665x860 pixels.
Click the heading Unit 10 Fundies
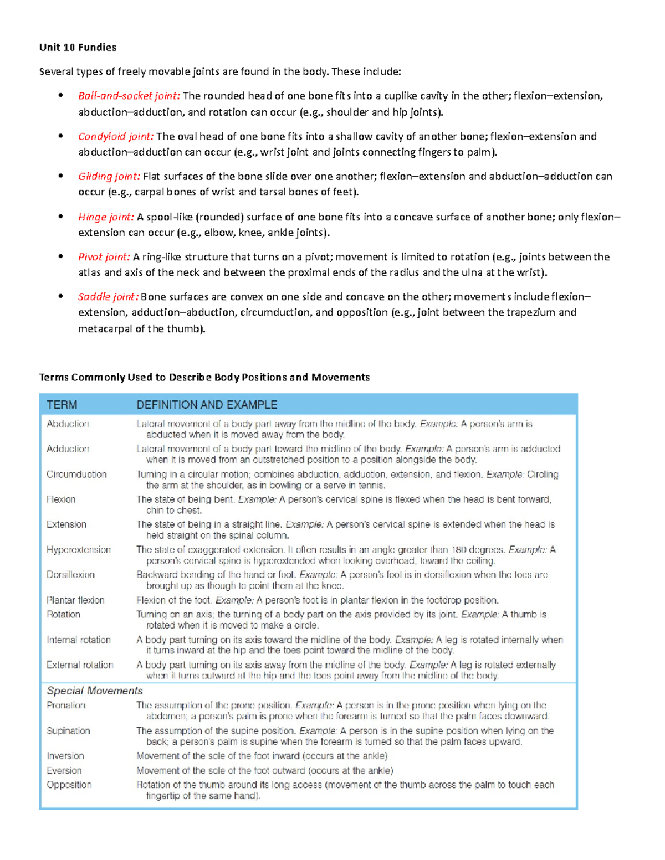point(78,47)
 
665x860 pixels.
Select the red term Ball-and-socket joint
point(129,96)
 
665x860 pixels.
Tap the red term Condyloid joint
point(116,136)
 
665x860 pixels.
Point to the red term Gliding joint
point(109,176)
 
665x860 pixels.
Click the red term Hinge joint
point(106,217)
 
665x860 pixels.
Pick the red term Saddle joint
point(108,296)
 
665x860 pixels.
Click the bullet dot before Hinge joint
point(60,217)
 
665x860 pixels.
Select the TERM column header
point(62,405)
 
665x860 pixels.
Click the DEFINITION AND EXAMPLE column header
point(207,405)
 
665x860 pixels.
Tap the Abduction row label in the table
point(68,424)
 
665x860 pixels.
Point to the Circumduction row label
point(76,474)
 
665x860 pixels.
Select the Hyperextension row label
point(79,549)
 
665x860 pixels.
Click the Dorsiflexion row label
point(70,575)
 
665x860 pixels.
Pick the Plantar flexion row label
point(75,600)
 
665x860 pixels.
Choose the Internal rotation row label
point(79,640)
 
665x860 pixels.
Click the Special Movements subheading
point(95,691)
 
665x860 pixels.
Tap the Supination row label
point(68,731)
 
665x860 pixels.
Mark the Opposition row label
point(69,785)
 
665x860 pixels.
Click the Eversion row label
point(64,770)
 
